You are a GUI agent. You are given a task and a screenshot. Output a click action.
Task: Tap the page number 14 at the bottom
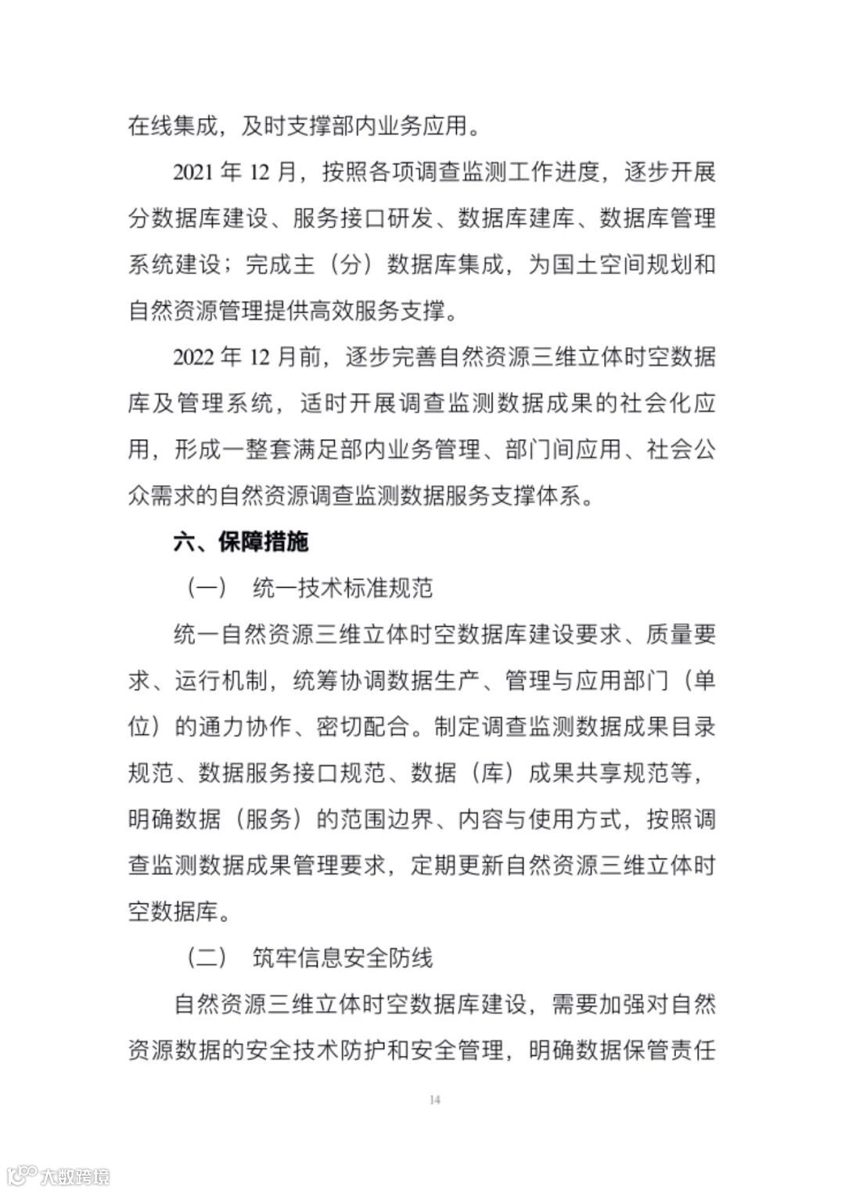[436, 1100]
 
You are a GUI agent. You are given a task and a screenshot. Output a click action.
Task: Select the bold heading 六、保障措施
[241, 542]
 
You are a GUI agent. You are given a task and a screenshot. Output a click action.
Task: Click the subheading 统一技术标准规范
[343, 588]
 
